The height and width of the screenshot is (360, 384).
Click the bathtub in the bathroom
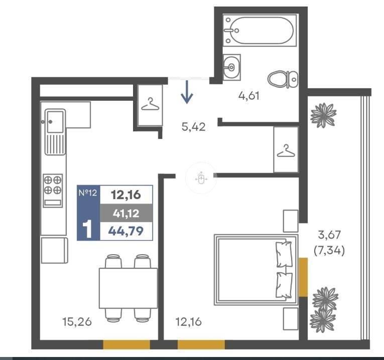point(260,30)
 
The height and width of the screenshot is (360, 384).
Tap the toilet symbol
point(283,79)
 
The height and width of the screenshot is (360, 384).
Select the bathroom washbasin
point(231,67)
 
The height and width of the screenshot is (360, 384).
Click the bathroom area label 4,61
point(248,96)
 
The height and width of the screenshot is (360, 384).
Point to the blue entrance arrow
point(187,92)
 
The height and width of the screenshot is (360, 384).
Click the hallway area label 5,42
point(193,127)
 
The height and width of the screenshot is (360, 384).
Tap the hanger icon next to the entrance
point(150,104)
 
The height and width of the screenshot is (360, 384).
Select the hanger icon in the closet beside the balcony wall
point(286,150)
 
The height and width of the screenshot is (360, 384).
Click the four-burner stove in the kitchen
point(53,191)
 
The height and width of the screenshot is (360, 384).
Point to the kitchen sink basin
point(55,121)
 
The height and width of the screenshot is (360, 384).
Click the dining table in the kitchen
point(128,288)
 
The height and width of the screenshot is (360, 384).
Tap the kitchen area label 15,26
point(77,321)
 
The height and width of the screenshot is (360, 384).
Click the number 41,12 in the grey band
point(126,214)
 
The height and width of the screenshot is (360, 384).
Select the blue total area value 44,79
point(126,231)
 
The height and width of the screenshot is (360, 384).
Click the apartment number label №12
point(88,193)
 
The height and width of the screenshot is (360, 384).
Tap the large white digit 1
point(87,229)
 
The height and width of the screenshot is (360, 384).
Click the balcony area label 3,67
point(329,235)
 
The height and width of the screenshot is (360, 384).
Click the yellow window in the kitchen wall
point(126,344)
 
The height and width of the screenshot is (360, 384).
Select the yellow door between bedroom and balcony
point(303,277)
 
